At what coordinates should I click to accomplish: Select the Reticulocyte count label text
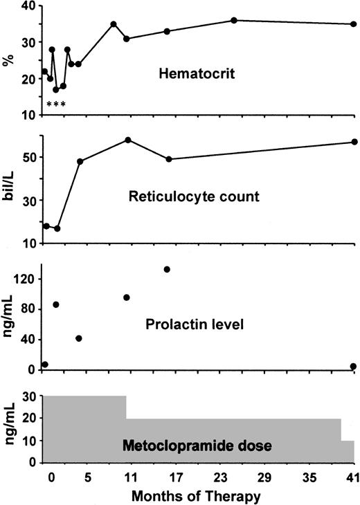pos(194,196)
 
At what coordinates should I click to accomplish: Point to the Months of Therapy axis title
pos(197,495)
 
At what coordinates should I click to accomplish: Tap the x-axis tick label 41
pos(353,477)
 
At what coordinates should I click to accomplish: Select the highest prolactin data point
pos(167,269)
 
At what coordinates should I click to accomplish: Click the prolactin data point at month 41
pos(353,367)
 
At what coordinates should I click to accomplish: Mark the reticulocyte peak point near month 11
pos(128,140)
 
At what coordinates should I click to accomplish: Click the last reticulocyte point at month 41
pos(354,142)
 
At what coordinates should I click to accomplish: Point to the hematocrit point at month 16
pos(167,31)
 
